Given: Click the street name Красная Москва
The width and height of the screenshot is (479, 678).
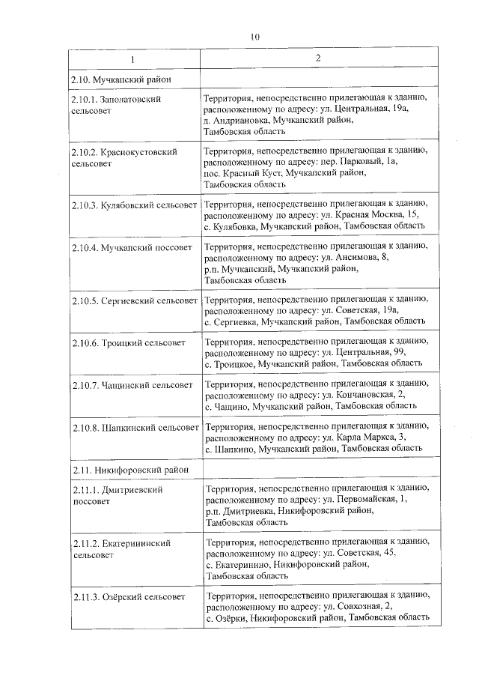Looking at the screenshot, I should (x=370, y=215).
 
